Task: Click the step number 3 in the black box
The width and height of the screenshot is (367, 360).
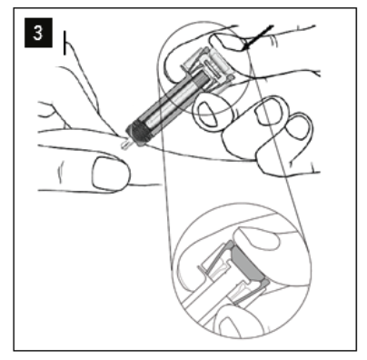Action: point(38,33)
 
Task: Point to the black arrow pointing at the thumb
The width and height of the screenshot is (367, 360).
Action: point(260,37)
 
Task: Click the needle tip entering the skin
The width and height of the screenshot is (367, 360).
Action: point(124,145)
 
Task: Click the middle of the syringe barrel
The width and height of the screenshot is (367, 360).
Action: point(170,103)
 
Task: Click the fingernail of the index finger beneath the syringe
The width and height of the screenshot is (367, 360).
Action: point(209,113)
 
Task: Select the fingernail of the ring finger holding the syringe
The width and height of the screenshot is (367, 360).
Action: point(299,126)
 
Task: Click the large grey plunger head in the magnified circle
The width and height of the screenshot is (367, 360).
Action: point(247,263)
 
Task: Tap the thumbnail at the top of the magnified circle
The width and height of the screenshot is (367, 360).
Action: point(257,238)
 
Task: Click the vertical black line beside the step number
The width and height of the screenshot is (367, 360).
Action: point(64,43)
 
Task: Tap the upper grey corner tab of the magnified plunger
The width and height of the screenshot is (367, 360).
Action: point(229,245)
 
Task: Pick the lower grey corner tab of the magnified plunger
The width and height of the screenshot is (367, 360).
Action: point(265,282)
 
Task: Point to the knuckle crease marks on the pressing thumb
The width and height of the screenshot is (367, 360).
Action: point(274,41)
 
